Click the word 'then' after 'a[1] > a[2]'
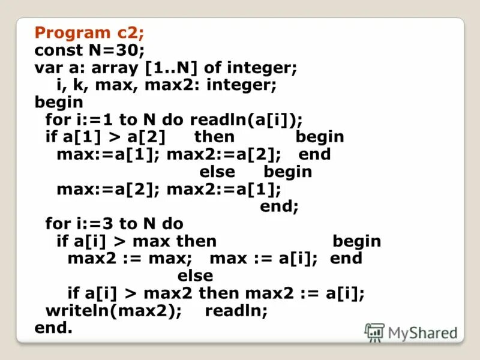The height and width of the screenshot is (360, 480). [214, 136]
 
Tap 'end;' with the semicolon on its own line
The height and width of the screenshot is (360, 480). [279, 206]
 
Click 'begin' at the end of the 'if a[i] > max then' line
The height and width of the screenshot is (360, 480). [356, 241]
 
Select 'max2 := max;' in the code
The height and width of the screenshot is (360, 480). [130, 258]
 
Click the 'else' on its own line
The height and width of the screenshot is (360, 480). [195, 275]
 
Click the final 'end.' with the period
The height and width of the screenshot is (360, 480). [53, 328]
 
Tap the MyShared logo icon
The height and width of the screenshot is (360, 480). [374, 332]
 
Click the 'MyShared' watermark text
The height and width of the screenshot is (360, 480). [422, 332]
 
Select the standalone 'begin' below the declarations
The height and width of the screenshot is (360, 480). [59, 101]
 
